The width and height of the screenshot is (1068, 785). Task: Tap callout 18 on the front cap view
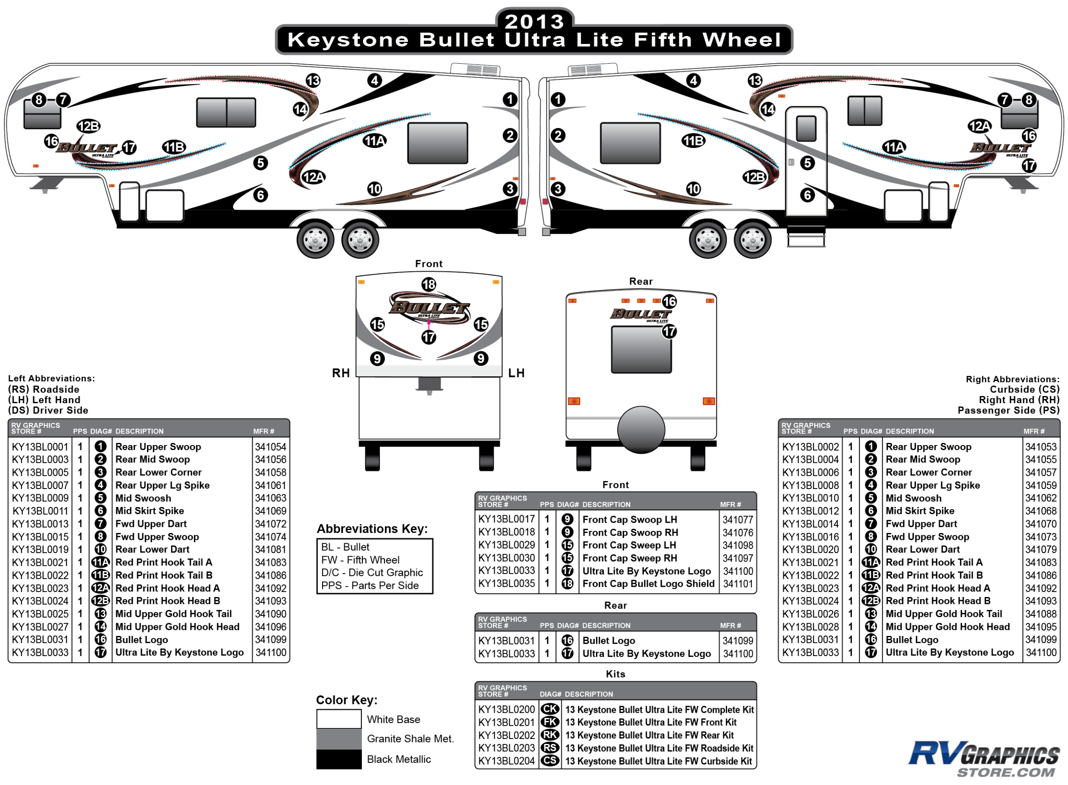(x=429, y=284)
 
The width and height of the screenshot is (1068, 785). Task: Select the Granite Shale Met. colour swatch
(x=338, y=738)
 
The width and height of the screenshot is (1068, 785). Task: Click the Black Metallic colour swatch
(x=338, y=759)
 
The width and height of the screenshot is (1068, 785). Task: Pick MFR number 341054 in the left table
(x=270, y=447)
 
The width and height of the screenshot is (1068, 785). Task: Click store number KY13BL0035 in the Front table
(x=506, y=583)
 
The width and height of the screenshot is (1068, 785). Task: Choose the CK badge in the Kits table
(x=550, y=709)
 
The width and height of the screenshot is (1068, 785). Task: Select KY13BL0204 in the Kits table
(x=506, y=761)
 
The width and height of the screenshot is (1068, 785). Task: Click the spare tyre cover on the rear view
(x=641, y=430)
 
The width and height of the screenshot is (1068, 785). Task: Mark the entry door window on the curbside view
(x=806, y=128)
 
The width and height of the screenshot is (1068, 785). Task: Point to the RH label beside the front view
(x=341, y=373)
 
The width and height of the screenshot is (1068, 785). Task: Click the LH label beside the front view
(x=516, y=373)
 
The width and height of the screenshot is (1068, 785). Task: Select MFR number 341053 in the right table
(x=1040, y=447)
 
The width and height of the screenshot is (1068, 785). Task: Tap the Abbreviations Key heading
(x=372, y=529)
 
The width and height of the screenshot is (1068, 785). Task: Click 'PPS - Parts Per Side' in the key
(x=370, y=586)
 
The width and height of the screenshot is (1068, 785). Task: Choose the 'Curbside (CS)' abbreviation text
(x=1024, y=389)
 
